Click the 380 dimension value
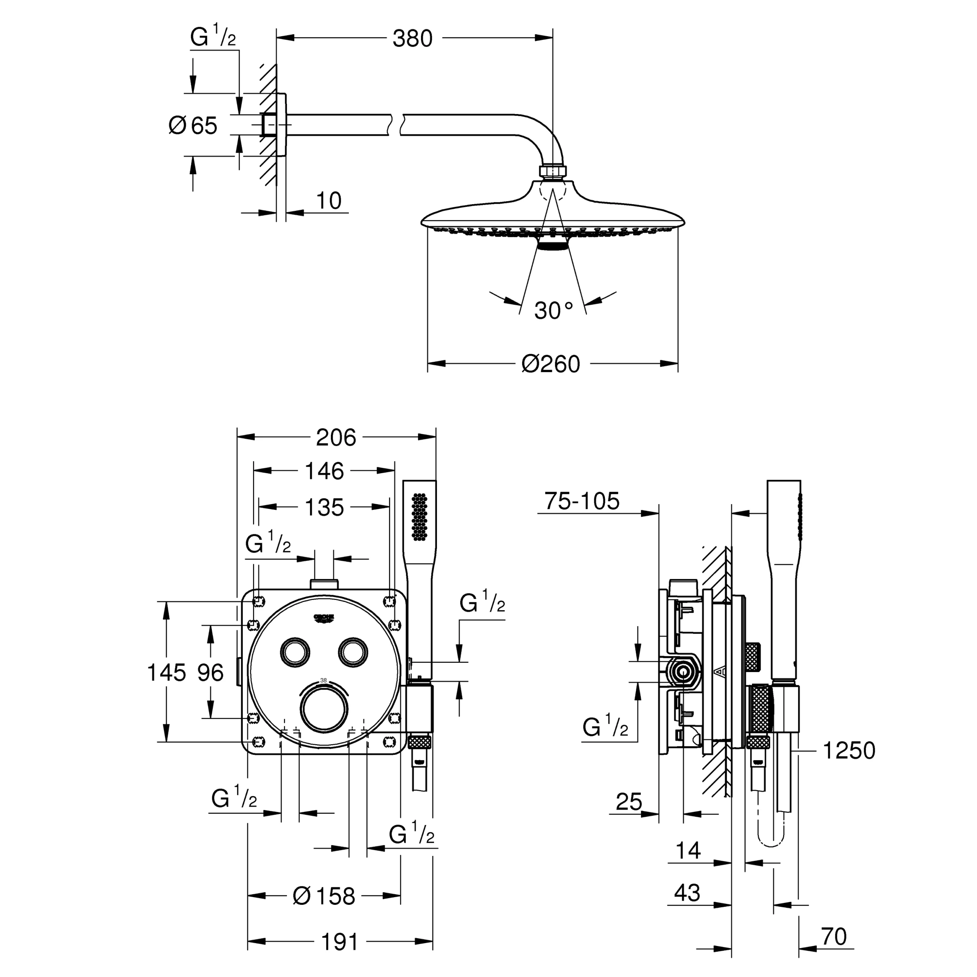click(x=413, y=39)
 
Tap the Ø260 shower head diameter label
click(x=551, y=364)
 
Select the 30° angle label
click(x=554, y=311)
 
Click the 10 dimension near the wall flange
click(x=329, y=201)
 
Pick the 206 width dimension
click(x=336, y=437)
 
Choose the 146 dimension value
click(x=324, y=471)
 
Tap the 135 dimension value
click(x=324, y=507)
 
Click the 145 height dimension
click(x=166, y=672)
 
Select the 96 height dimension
click(x=210, y=672)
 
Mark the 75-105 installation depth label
click(x=582, y=501)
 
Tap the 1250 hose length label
click(x=849, y=750)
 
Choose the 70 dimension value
click(x=834, y=937)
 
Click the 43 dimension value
click(x=687, y=893)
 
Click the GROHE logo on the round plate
click(x=324, y=619)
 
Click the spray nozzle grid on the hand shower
click(x=420, y=516)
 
